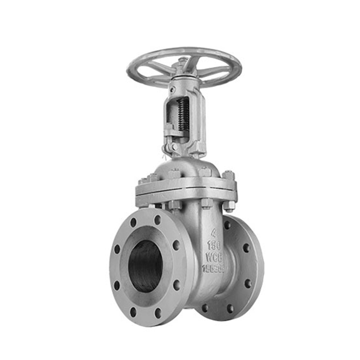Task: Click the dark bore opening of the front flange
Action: (145, 266)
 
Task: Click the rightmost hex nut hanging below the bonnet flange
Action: (229, 206)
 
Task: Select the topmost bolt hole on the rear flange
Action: (227, 224)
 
